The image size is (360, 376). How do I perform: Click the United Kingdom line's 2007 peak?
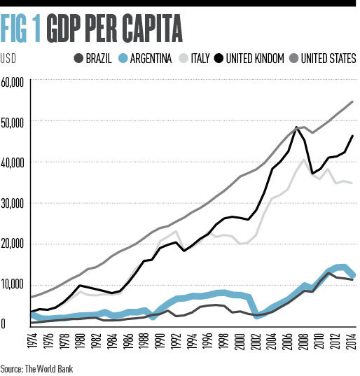(297, 127)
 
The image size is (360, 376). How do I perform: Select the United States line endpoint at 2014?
(352, 102)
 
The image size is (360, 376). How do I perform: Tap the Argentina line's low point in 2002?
(256, 316)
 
